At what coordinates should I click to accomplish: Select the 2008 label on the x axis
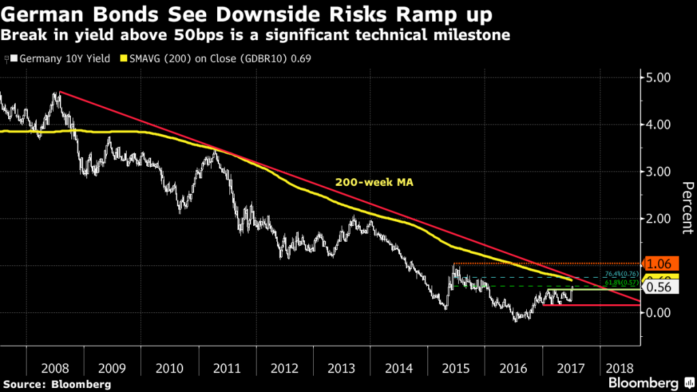(54, 368)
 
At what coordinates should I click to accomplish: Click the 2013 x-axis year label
(342, 368)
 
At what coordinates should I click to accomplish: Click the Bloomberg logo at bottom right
(647, 382)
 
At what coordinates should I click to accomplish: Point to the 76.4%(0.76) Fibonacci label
(619, 274)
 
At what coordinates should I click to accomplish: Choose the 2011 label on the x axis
(227, 368)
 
